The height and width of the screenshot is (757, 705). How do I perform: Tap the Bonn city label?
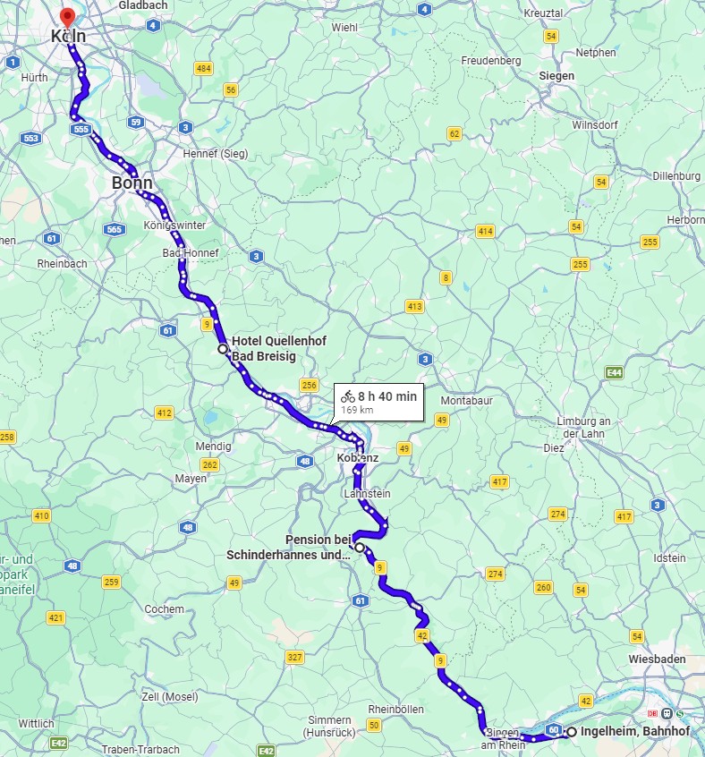coord(132,183)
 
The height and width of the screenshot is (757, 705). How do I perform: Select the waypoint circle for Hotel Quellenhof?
coord(223,349)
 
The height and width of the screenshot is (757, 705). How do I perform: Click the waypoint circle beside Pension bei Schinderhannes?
coord(359,547)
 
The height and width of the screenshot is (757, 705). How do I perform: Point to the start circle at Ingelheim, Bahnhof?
coord(571,732)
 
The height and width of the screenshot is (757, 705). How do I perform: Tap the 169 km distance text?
coord(357,410)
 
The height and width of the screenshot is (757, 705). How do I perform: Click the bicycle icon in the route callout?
coord(347,396)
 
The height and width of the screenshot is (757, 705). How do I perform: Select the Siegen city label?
coord(556,76)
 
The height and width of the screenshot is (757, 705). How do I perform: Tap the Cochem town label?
coord(165,609)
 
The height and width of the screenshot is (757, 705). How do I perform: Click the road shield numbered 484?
coord(203,69)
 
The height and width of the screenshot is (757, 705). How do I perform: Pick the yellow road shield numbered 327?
coord(294,658)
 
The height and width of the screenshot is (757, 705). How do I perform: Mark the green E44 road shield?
coord(613,372)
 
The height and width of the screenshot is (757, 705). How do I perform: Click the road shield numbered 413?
coord(414,306)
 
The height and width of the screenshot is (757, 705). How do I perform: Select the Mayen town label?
coord(191,479)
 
